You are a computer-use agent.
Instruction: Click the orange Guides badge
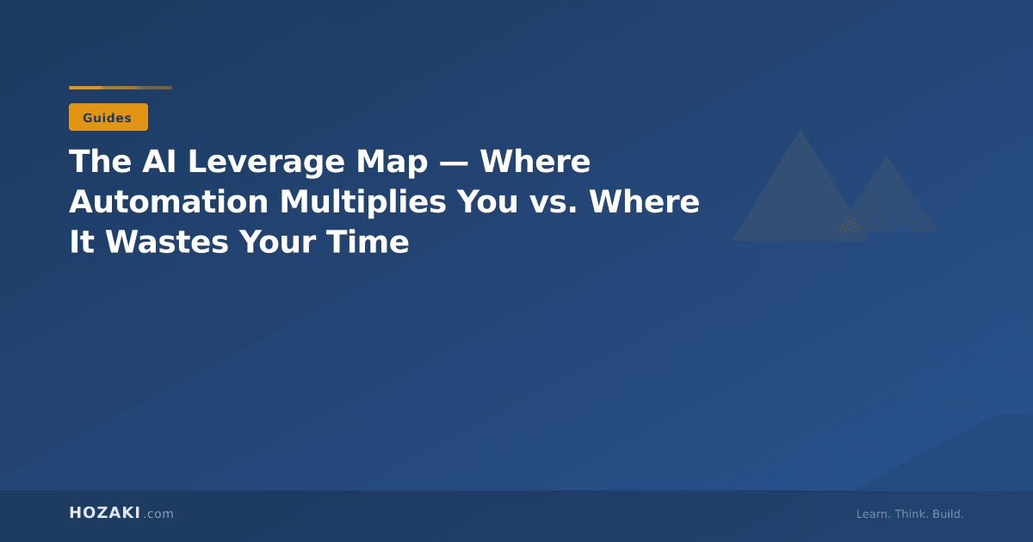pyautogui.click(x=108, y=117)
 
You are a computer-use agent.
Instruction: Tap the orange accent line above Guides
pyautogui.click(x=120, y=88)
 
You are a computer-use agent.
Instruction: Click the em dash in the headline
pyautogui.click(x=453, y=163)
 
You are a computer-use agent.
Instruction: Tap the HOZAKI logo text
pyautogui.click(x=104, y=514)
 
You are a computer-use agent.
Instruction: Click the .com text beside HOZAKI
pyautogui.click(x=158, y=514)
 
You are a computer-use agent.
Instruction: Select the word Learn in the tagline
pyautogui.click(x=872, y=514)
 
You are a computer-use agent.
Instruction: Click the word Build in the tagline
pyautogui.click(x=948, y=514)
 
